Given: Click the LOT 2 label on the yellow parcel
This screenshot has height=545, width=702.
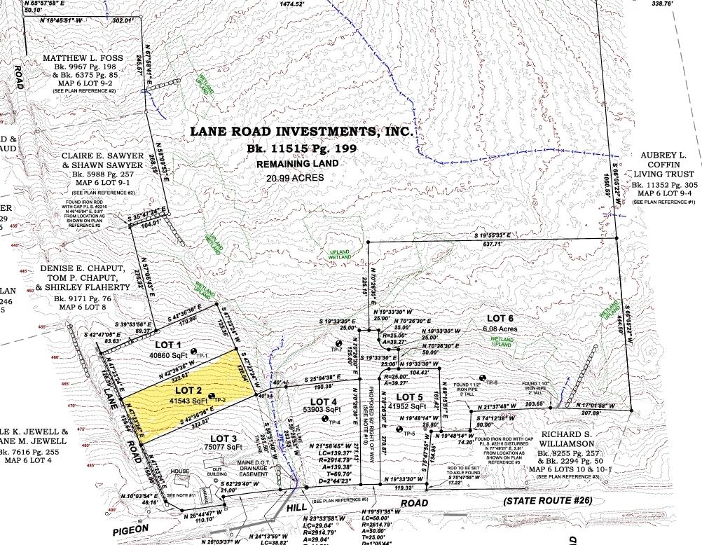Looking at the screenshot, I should [x=188, y=389].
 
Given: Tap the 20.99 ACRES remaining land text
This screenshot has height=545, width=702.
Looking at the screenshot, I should [x=295, y=178].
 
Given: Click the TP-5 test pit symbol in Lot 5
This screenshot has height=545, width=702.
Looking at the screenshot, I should [x=398, y=434].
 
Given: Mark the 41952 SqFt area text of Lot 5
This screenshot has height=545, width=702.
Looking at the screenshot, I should [x=406, y=406].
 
